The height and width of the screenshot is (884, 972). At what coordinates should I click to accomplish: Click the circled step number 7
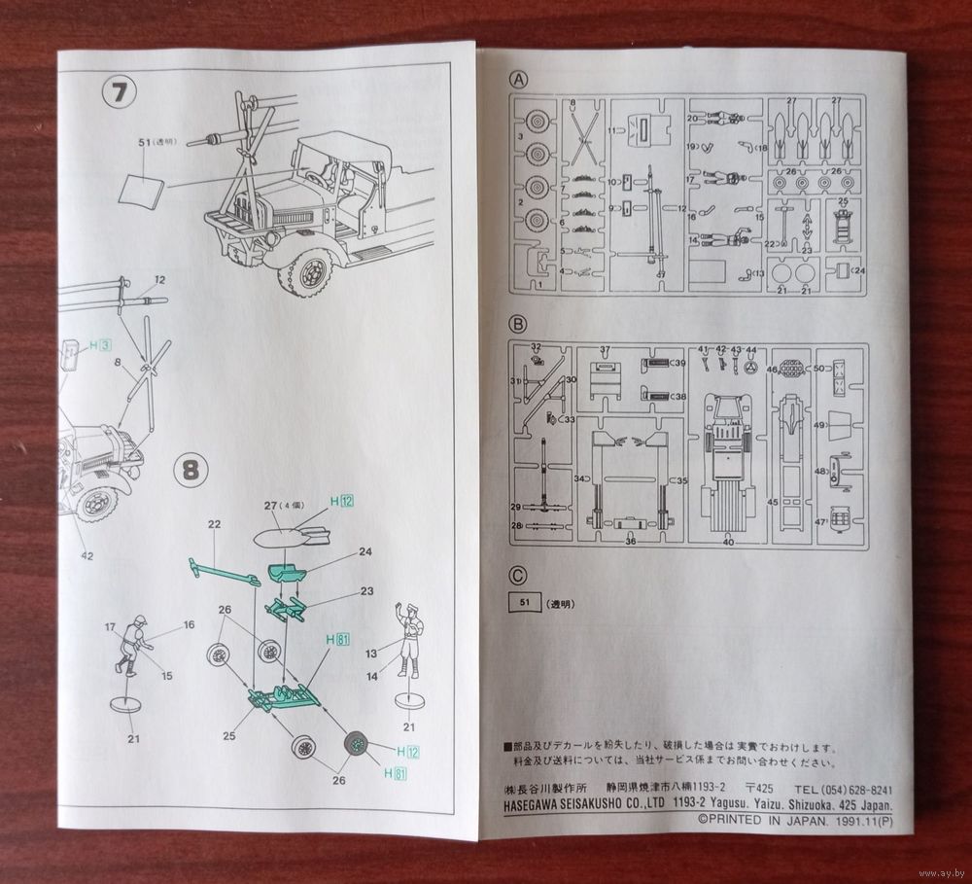[121, 95]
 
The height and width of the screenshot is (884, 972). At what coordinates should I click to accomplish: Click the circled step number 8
[191, 471]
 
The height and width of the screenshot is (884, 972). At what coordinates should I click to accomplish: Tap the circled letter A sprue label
[520, 80]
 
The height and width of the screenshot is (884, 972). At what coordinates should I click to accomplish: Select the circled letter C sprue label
[519, 576]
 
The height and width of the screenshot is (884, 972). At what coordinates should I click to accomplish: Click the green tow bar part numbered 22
[222, 572]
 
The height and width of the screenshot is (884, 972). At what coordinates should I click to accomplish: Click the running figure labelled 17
[131, 647]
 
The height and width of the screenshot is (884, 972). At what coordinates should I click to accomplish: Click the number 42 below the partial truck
[87, 555]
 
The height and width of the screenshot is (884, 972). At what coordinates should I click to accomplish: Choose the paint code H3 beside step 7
[100, 344]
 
